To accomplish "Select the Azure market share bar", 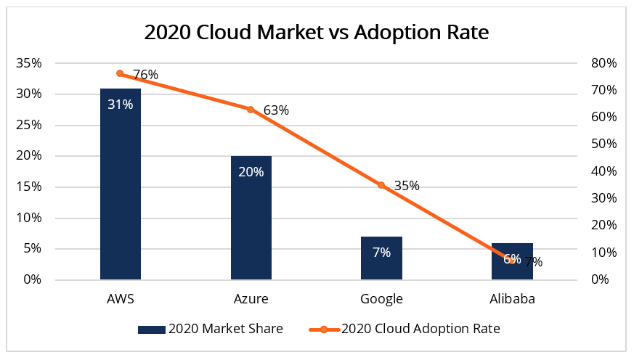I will [251, 218].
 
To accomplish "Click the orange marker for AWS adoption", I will [121, 74].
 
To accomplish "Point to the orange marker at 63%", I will [251, 110].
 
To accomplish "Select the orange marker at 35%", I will [381, 185].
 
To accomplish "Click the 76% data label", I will [145, 74].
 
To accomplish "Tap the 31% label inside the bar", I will [121, 104].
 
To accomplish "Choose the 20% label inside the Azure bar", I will [251, 172].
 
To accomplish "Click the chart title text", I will [316, 33].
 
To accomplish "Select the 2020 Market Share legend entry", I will [211, 329].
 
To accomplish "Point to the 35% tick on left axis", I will [29, 63].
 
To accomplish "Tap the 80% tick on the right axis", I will [603, 63].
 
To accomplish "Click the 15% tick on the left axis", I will [29, 187].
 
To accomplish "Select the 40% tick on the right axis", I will [603, 171].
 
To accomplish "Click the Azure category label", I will [251, 299].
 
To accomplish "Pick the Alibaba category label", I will [512, 299].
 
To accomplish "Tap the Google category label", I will [381, 299].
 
